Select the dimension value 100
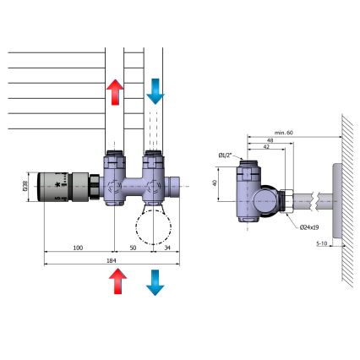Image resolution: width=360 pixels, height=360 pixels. click(x=78, y=248)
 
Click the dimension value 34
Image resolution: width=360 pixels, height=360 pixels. click(x=167, y=248)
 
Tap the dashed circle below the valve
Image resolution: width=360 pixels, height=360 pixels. click(x=152, y=226)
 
